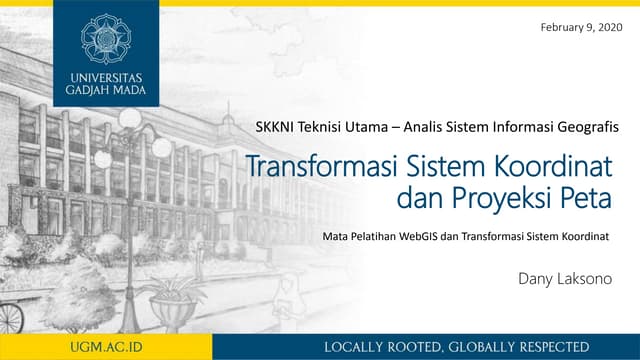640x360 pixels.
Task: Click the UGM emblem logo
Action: (x=106, y=38)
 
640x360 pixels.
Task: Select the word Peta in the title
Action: (x=584, y=198)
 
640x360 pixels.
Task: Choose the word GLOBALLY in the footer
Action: (x=478, y=346)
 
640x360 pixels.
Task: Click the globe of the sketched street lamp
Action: (x=131, y=118)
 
